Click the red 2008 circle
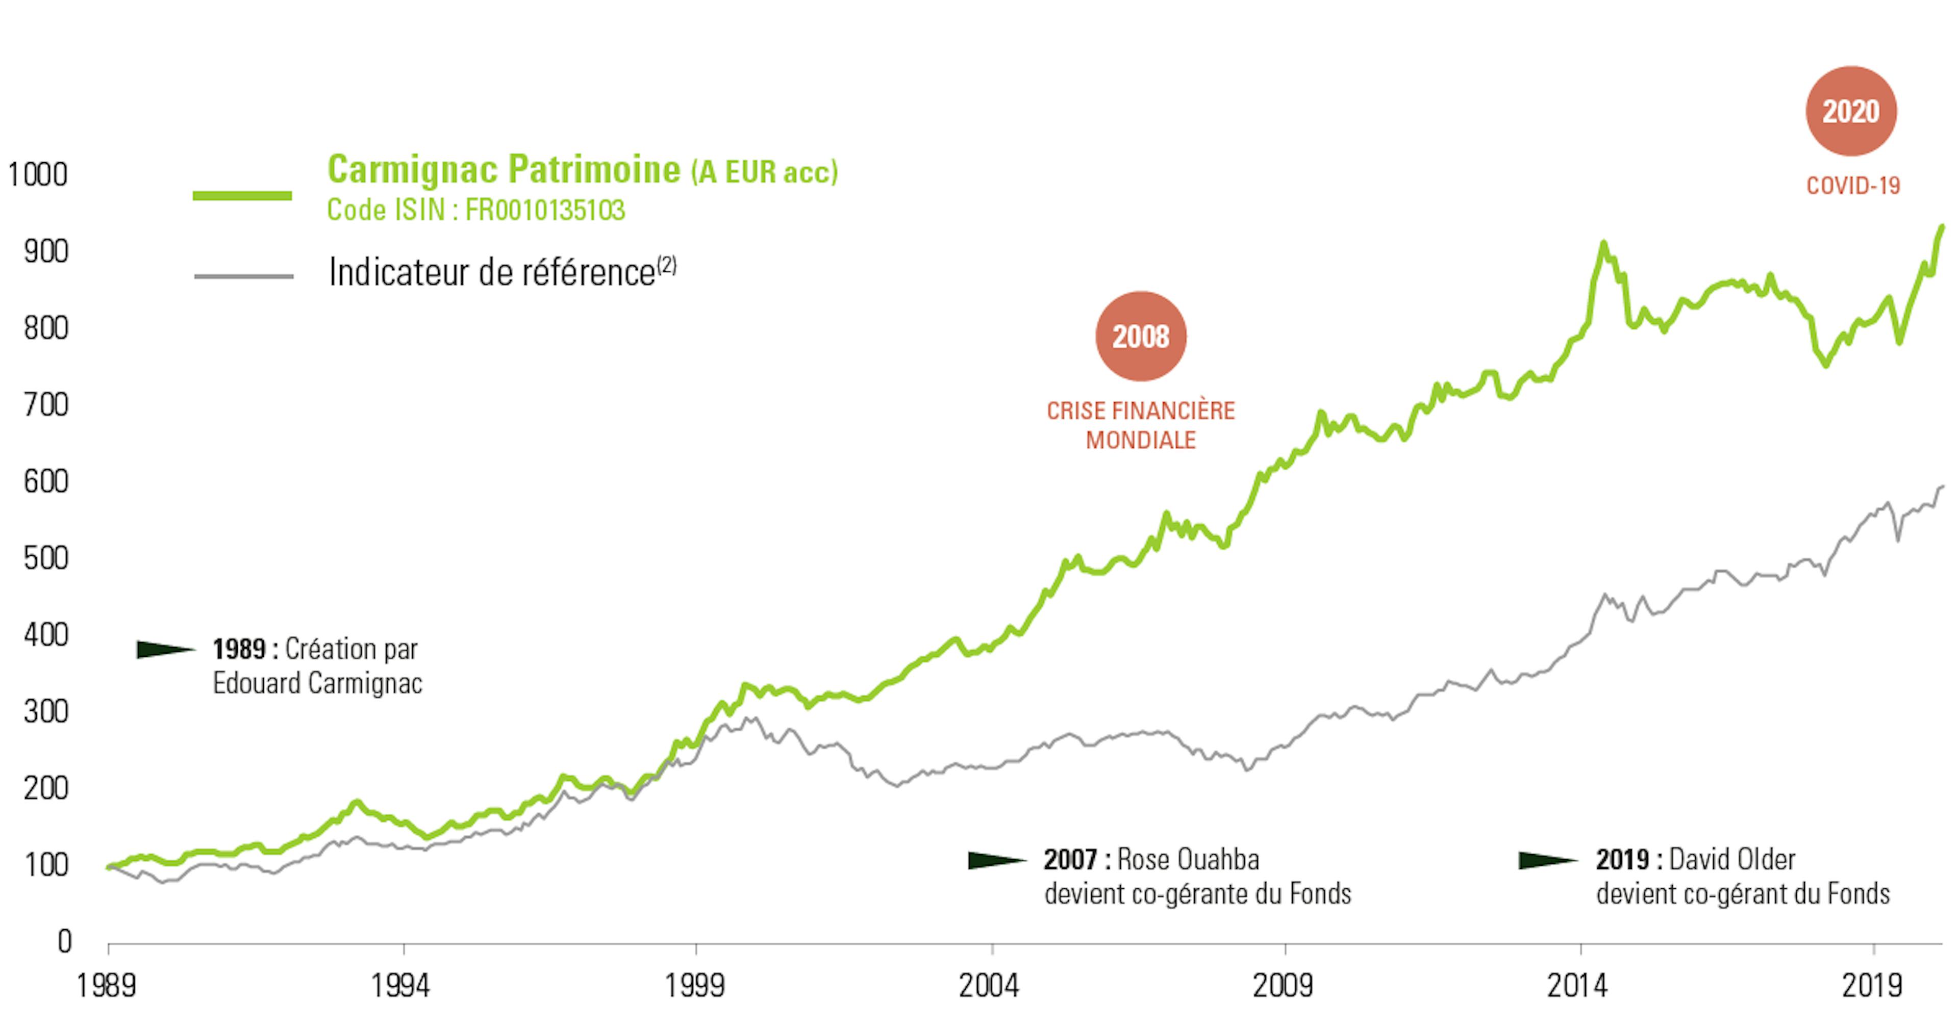point(1141,336)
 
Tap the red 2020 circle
point(1851,112)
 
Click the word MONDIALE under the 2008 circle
point(1141,440)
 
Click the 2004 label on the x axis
point(989,985)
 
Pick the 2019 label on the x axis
point(1872,985)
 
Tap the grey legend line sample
point(243,276)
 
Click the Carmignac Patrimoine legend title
point(504,170)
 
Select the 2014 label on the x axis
point(1577,985)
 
